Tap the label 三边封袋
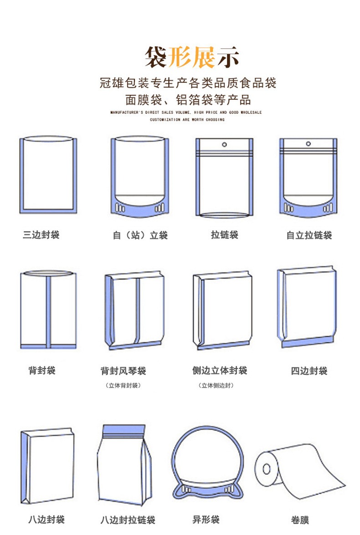(x=41, y=235)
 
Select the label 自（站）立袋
(x=140, y=235)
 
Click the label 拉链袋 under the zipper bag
(x=224, y=235)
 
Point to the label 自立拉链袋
(x=309, y=235)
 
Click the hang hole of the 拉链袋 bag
(x=224, y=145)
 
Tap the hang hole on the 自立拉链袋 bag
(x=309, y=145)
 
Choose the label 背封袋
(x=41, y=370)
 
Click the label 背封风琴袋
(x=123, y=371)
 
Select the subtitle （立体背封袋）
(x=123, y=386)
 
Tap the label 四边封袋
(x=309, y=371)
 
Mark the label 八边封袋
(x=46, y=520)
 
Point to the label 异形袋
(x=206, y=520)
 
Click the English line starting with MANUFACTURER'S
(x=186, y=112)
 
